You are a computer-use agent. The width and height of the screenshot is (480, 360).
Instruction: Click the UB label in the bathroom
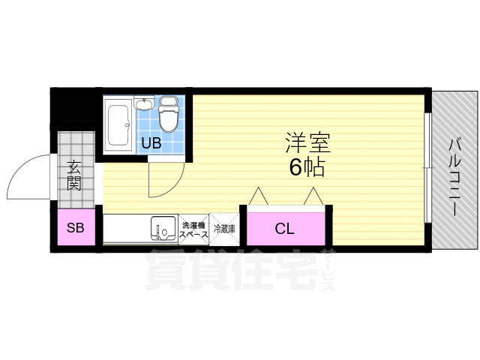pos(151,142)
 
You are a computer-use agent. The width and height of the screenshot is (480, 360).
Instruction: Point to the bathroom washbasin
pos(145,106)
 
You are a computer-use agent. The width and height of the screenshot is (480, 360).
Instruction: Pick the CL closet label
pos(283,229)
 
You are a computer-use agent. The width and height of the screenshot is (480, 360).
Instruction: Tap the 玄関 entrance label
pos(74,175)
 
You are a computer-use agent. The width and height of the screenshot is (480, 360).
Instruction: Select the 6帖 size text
pos(307,167)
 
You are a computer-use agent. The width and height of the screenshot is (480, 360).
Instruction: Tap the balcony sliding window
pos(427,168)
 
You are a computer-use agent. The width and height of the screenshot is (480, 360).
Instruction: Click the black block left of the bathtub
pos(76,112)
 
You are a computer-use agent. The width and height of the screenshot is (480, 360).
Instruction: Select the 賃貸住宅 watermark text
pos(232,268)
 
